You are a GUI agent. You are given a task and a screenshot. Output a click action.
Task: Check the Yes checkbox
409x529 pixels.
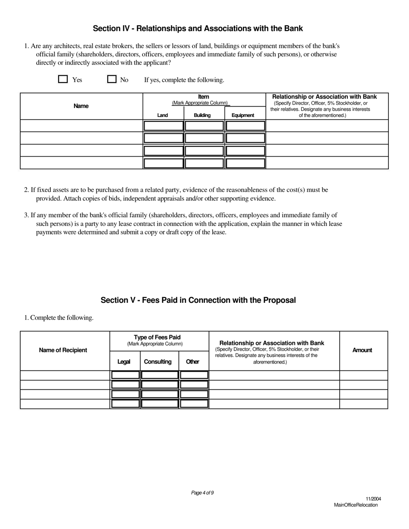pyautogui.click(x=63, y=79)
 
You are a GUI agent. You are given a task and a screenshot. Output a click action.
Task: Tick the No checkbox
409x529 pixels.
pyautogui.click(x=112, y=79)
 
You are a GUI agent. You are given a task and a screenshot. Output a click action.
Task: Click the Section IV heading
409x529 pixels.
pyautogui.click(x=198, y=28)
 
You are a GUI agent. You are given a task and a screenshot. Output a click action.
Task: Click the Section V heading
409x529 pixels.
pyautogui.click(x=198, y=300)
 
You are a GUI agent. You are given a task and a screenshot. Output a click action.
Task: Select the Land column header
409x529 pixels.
pyautogui.click(x=163, y=115)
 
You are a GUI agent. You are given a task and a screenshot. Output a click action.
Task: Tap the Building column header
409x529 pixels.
pyautogui.click(x=202, y=115)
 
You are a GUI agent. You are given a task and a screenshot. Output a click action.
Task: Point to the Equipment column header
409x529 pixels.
pyautogui.click(x=243, y=115)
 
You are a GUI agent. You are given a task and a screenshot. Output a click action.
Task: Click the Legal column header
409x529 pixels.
pyautogui.click(x=124, y=362)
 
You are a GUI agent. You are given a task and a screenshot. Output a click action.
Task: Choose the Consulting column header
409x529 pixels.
pyautogui.click(x=158, y=362)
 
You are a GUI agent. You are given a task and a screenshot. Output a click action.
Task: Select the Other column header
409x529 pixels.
pyautogui.click(x=192, y=362)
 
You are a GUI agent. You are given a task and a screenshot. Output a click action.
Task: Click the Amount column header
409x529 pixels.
pyautogui.click(x=362, y=350)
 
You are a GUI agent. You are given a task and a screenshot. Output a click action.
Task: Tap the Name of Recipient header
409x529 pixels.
pyautogui.click(x=63, y=350)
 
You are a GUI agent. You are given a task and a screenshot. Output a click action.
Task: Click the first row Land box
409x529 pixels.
pyautogui.click(x=163, y=126)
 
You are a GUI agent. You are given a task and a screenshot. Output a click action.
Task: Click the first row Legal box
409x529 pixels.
pyautogui.click(x=125, y=375)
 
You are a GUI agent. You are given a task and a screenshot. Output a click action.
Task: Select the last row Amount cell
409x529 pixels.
pyautogui.click(x=363, y=404)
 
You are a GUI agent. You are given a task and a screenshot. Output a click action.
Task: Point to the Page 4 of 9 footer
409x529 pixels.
pyautogui.click(x=202, y=493)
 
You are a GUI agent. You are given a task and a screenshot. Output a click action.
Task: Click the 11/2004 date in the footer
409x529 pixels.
pyautogui.click(x=373, y=499)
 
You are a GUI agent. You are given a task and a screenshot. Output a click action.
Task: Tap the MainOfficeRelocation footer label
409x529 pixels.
pyautogui.click(x=356, y=505)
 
